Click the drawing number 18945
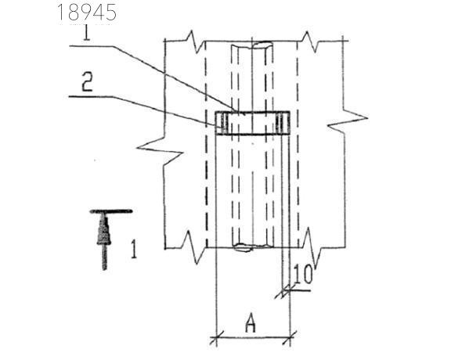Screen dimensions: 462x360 (87, 13)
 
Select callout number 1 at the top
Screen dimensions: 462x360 (86, 33)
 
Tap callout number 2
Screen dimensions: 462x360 (87, 82)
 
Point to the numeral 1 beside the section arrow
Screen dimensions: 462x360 (134, 249)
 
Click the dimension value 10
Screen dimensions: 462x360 (303, 275)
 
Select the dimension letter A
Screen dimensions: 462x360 (251, 323)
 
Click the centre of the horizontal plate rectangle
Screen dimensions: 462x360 (252, 123)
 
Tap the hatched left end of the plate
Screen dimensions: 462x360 (222, 123)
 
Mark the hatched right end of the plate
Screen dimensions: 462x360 (282, 123)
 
